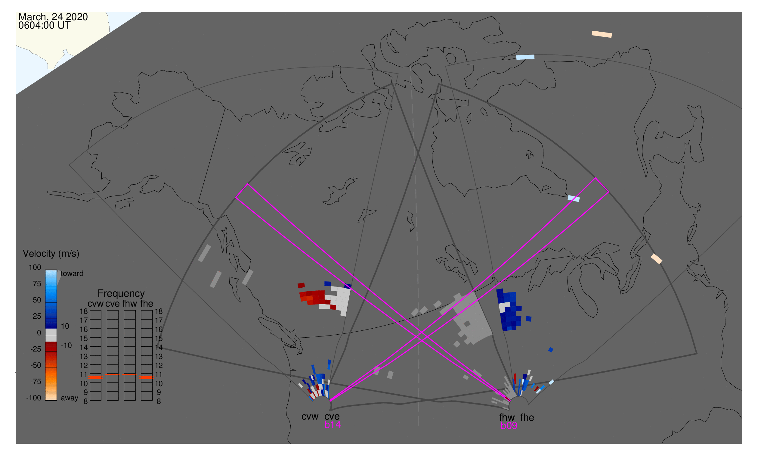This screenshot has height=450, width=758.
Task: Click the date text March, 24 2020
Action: [x=53, y=17]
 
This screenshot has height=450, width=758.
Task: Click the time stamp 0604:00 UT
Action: [x=44, y=26]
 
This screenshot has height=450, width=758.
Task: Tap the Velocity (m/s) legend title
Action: [x=51, y=254]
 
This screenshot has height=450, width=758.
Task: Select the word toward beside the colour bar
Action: [x=72, y=273]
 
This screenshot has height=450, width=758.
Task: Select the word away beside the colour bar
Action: [x=70, y=398]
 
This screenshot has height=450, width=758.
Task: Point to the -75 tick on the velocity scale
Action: [x=36, y=382]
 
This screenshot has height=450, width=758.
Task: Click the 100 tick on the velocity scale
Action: [x=35, y=267]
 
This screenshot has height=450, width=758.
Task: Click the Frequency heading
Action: [x=121, y=294]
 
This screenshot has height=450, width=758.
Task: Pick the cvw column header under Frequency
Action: [x=95, y=304]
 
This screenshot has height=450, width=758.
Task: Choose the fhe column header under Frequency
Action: [x=147, y=304]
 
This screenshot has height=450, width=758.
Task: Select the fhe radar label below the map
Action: [x=527, y=418]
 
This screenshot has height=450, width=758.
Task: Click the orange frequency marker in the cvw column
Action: [x=95, y=377]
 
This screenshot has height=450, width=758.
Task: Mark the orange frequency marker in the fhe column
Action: [x=147, y=377]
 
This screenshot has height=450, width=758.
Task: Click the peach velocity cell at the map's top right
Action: [x=602, y=34]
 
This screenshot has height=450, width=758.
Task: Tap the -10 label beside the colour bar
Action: [x=66, y=346]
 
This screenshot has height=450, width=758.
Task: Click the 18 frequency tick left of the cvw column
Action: [x=84, y=311]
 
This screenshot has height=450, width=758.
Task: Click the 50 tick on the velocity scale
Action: [x=37, y=300]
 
